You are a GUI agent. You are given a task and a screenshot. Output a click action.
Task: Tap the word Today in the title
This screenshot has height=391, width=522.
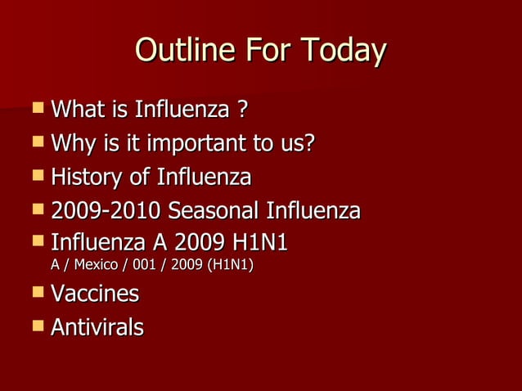344,52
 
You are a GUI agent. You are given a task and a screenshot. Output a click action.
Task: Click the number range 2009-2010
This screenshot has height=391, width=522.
106,211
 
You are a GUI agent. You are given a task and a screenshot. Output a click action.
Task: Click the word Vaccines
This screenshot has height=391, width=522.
95,294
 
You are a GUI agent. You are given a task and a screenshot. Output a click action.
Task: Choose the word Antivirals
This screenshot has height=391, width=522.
97,328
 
